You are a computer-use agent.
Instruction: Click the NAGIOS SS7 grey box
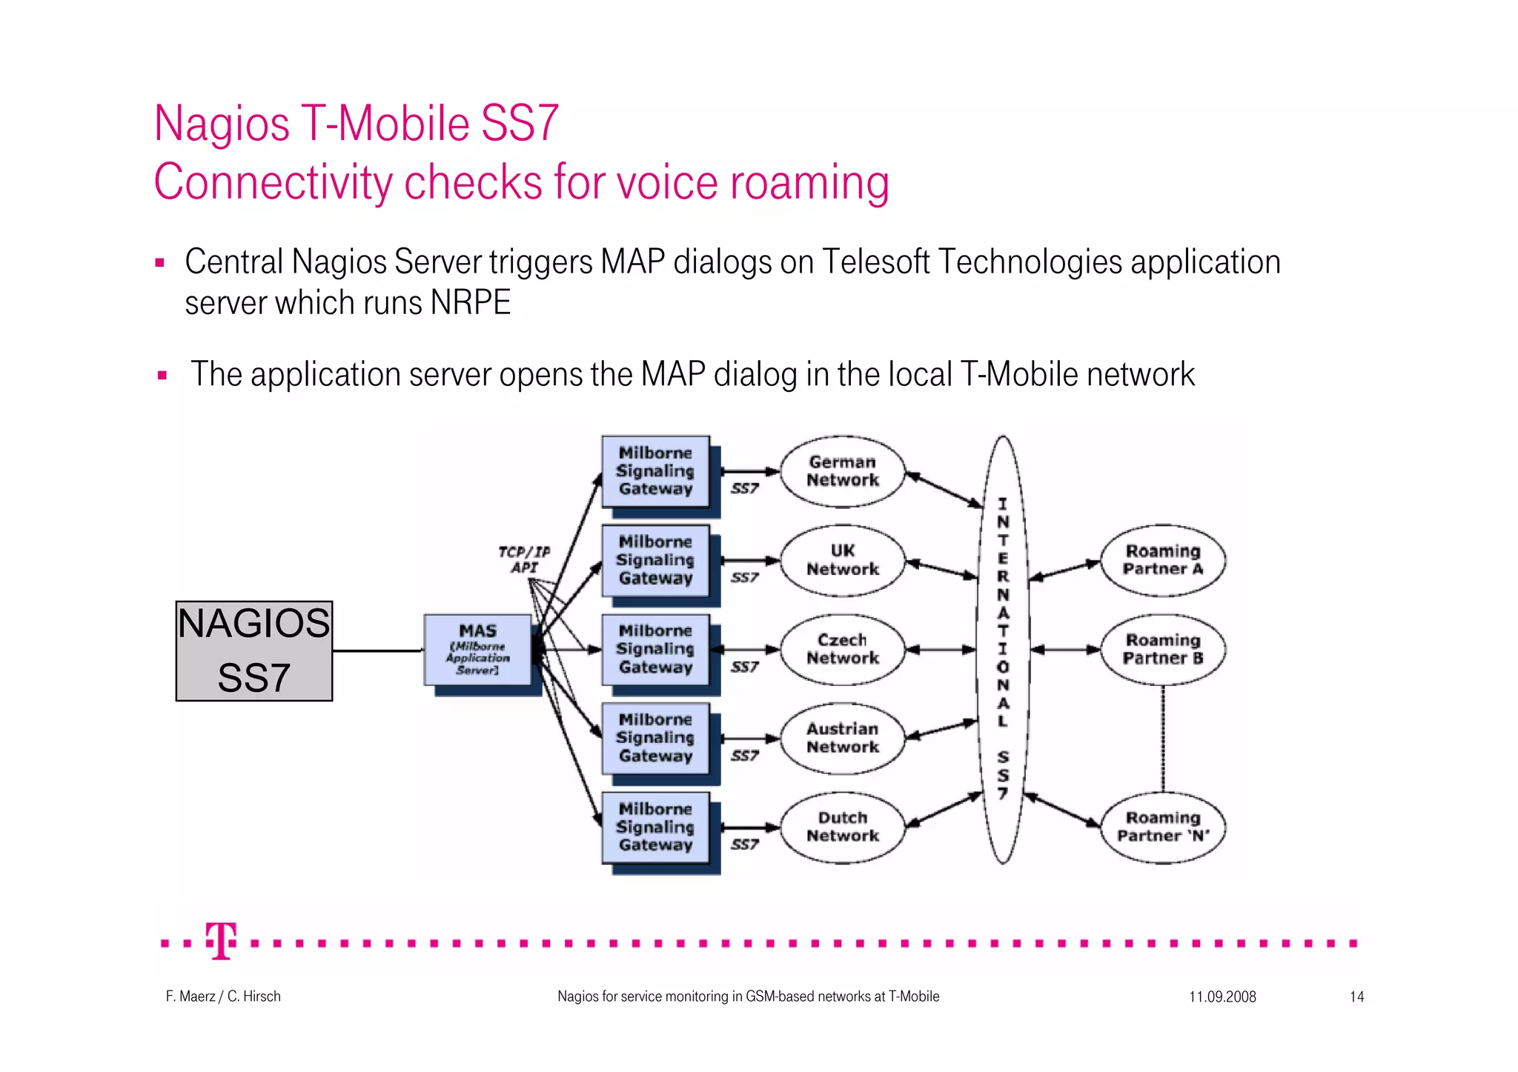pos(253,650)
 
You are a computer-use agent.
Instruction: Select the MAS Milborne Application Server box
pos(477,649)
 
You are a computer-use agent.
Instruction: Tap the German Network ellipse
pos(843,471)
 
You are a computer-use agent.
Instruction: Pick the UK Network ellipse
pos(843,560)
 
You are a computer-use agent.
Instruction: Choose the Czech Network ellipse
pos(843,649)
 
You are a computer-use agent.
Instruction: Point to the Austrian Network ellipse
pos(843,738)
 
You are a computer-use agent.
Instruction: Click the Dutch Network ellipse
pos(843,827)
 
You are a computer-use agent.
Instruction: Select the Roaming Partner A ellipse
pos(1162,560)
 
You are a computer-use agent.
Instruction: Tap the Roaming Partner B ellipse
pos(1162,649)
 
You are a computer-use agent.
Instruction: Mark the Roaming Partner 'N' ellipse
pos(1162,827)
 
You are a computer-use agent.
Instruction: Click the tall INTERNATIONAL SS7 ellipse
pos(1003,649)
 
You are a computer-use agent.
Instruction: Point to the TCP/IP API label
pos(524,559)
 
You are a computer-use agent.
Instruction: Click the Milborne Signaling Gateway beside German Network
pos(655,471)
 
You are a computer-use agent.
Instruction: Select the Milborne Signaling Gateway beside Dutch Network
pos(655,827)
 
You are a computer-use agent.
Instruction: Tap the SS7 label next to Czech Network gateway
pos(744,667)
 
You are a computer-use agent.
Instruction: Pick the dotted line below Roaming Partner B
pos(1162,738)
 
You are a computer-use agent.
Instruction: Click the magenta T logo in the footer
pos(221,941)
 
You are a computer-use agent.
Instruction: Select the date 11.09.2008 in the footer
pos(1222,996)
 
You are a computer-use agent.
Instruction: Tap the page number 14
pos(1356,996)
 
